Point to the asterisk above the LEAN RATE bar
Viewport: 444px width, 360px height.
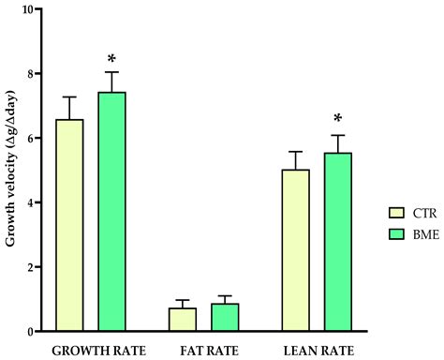[x=338, y=120]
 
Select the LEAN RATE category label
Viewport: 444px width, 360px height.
[x=317, y=349]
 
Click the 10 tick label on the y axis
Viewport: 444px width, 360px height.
[x=29, y=9]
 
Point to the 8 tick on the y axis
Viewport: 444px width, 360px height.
[x=33, y=74]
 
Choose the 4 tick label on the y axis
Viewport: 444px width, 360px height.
[x=33, y=202]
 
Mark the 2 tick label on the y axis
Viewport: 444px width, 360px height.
[x=33, y=267]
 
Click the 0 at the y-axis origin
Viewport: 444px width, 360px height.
[x=33, y=332]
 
